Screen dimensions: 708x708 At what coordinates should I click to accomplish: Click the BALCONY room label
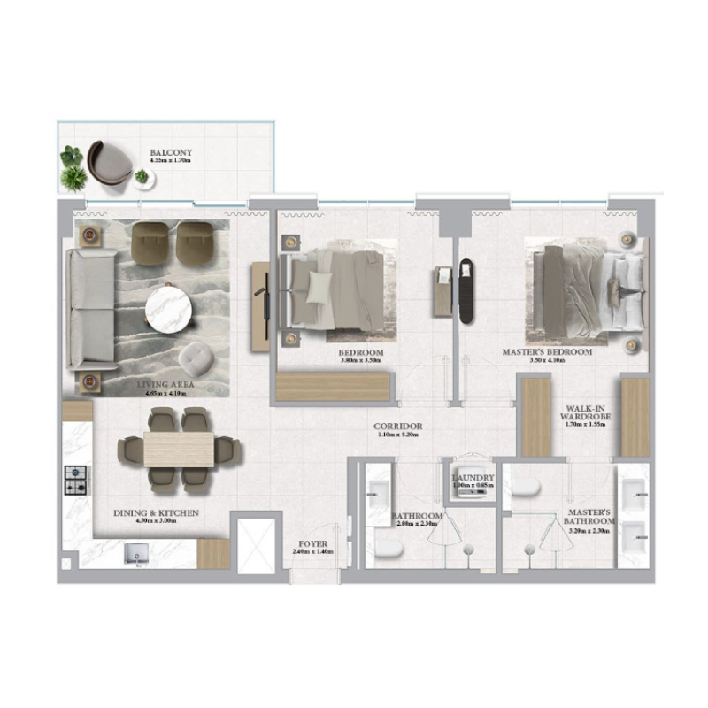coord(171,153)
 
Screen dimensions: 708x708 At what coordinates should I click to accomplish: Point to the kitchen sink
coord(137,556)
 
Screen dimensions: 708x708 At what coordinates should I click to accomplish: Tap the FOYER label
coord(312,544)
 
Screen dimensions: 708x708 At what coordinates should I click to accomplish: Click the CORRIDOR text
coord(397,427)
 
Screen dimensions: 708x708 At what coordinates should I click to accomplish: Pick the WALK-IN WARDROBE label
coord(585,415)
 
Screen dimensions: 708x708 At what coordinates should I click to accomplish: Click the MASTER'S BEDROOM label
coord(547,352)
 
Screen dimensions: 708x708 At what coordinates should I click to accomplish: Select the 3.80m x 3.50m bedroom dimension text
coord(360,361)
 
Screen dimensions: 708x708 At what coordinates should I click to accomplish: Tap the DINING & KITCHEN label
coord(156,513)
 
